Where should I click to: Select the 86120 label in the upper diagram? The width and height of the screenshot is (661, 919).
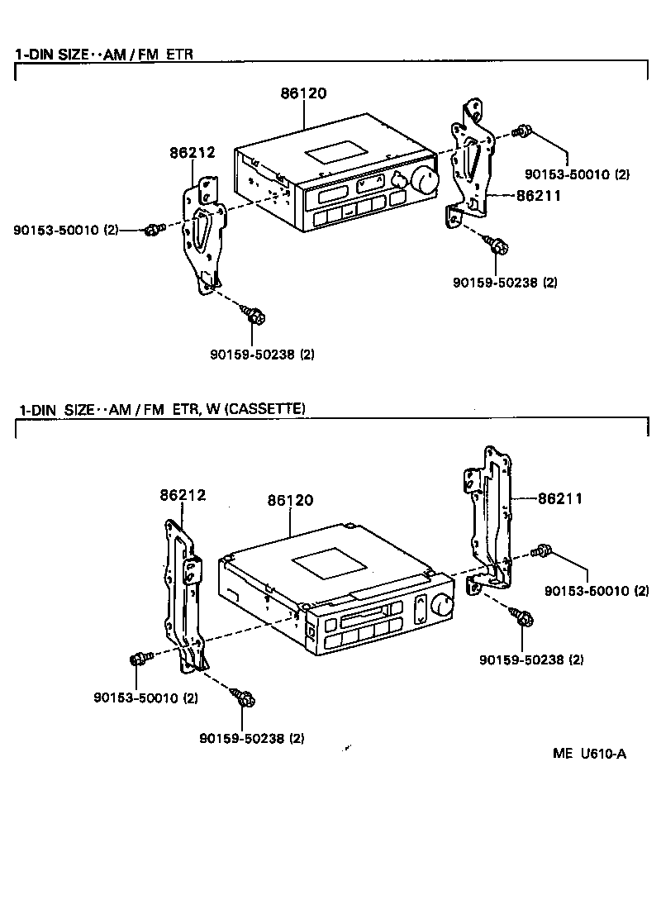coord(303,93)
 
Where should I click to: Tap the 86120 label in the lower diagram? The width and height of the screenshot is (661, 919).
coord(290,501)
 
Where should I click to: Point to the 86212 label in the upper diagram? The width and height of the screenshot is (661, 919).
coord(193,152)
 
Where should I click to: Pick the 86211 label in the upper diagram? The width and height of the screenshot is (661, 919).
coord(539,196)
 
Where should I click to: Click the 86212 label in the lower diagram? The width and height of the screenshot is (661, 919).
coord(183,495)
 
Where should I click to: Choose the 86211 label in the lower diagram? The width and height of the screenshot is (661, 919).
coord(560,498)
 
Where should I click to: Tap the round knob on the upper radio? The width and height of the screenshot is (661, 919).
coord(427,179)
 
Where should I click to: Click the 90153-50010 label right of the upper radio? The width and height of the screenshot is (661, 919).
coord(578,174)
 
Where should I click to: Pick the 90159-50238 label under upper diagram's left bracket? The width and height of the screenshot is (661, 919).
coord(262,355)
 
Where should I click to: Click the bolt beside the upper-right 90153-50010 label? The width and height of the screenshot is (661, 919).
coord(521,131)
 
